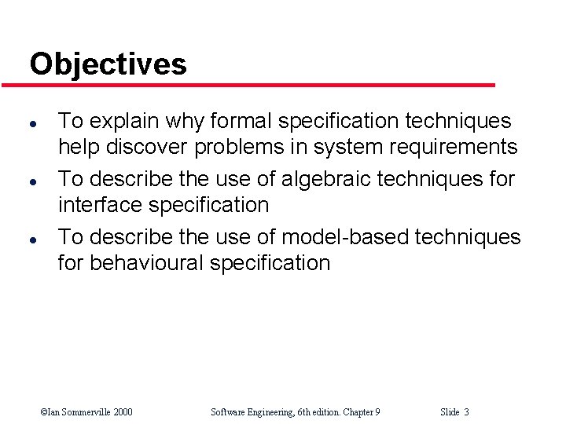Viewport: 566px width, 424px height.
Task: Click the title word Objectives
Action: point(108,64)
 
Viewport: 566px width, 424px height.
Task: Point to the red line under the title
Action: point(259,85)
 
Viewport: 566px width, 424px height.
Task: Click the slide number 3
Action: point(466,412)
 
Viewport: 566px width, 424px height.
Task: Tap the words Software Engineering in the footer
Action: point(250,412)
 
